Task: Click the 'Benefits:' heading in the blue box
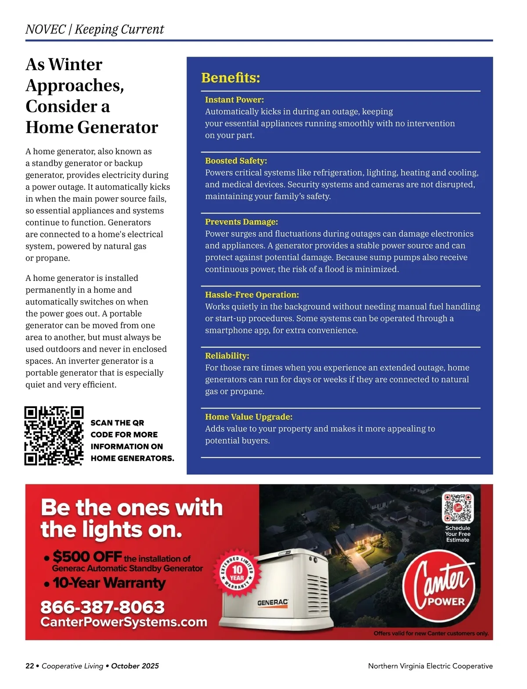click(231, 78)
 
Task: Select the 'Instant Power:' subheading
click(234, 100)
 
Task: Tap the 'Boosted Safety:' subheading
click(236, 161)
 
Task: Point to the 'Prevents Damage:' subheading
click(241, 222)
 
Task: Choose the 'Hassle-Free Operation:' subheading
click(252, 294)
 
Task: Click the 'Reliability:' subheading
click(227, 355)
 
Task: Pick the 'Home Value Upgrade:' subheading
click(249, 416)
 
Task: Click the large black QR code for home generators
click(54, 435)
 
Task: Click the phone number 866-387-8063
click(102, 607)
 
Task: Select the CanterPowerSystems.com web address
click(123, 622)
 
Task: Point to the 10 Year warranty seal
click(237, 572)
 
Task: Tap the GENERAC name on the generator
click(272, 603)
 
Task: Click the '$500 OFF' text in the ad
click(87, 556)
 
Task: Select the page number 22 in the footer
click(29, 666)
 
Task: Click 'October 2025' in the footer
click(135, 666)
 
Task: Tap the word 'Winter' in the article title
click(75, 65)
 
